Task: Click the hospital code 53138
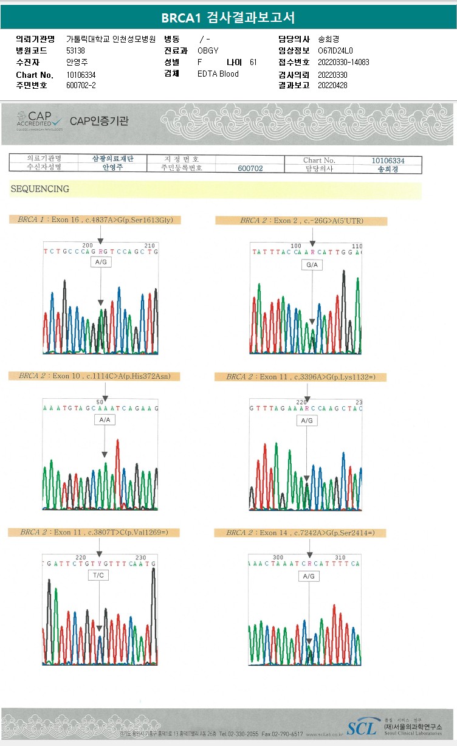(76, 50)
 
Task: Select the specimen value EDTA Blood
(218, 74)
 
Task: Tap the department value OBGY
(208, 50)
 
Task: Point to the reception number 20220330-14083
(343, 63)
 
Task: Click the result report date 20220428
(332, 86)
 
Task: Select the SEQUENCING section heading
(40, 189)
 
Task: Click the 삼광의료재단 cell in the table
(112, 159)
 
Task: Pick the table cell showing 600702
(250, 168)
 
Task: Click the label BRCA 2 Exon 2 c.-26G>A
(301, 221)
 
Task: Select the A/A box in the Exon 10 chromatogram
(105, 420)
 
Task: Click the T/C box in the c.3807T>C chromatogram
(99, 575)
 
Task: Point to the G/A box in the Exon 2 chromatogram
(312, 265)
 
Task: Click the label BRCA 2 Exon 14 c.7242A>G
(300, 533)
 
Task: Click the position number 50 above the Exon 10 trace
(100, 402)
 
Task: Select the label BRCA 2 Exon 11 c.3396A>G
(300, 378)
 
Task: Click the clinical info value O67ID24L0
(335, 50)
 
